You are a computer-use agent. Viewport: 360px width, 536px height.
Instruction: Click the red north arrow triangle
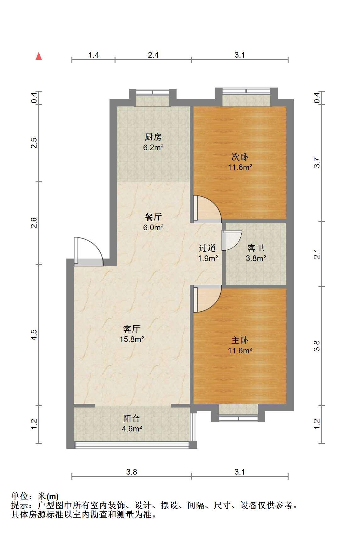coord(39,56)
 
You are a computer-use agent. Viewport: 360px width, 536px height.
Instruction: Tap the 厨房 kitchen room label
coord(153,137)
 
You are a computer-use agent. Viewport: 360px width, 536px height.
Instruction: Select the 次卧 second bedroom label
coord(240,157)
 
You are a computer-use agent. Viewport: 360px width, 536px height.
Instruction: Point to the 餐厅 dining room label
coord(153,217)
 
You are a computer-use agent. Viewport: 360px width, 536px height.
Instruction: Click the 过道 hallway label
coord(207,248)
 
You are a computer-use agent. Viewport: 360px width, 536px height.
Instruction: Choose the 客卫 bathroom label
coord(256,248)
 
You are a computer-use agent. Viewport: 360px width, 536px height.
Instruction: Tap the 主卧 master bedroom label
coord(240,340)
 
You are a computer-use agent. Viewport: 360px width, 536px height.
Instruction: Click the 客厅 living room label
coord(132,329)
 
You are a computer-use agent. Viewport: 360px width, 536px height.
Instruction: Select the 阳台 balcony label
coord(132,418)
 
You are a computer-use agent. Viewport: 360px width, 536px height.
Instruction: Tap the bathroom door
coord(231,240)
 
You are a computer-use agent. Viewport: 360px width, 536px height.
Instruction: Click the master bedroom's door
coord(207,299)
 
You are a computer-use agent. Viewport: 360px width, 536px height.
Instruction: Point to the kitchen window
coord(153,92)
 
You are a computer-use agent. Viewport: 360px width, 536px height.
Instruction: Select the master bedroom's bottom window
coord(238,418)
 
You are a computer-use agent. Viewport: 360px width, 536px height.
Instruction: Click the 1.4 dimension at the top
coord(93,55)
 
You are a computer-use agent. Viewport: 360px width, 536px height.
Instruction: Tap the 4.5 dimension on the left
coord(34,335)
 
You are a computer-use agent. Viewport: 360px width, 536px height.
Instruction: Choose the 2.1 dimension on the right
coord(317,254)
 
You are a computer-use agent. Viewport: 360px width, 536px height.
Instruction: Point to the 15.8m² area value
coord(132,339)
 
